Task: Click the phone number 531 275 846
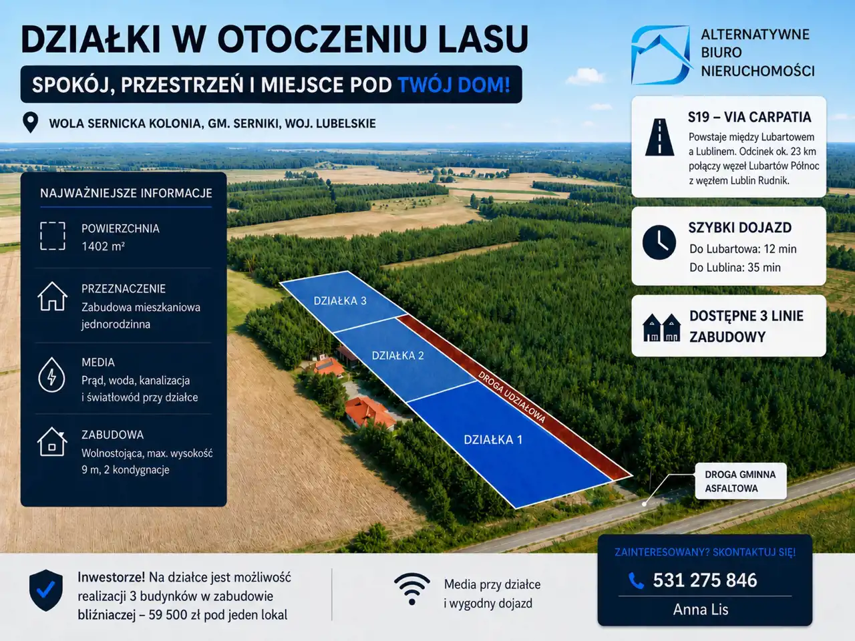(x=705, y=580)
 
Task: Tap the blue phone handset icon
(x=636, y=581)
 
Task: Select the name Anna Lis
(x=700, y=610)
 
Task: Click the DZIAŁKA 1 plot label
(x=493, y=440)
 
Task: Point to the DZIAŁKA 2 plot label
(x=397, y=355)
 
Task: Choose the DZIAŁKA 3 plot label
(x=340, y=300)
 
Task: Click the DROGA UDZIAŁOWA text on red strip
(x=512, y=397)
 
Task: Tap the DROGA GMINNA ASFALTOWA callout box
(x=741, y=481)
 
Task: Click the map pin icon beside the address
(x=30, y=123)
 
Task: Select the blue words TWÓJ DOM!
(x=454, y=85)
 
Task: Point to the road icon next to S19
(x=659, y=137)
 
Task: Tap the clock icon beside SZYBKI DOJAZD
(x=659, y=242)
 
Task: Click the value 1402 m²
(x=103, y=246)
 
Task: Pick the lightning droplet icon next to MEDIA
(x=52, y=375)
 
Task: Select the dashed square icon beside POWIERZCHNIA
(x=53, y=236)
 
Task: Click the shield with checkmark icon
(x=46, y=590)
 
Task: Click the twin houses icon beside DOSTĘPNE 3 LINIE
(x=661, y=328)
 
